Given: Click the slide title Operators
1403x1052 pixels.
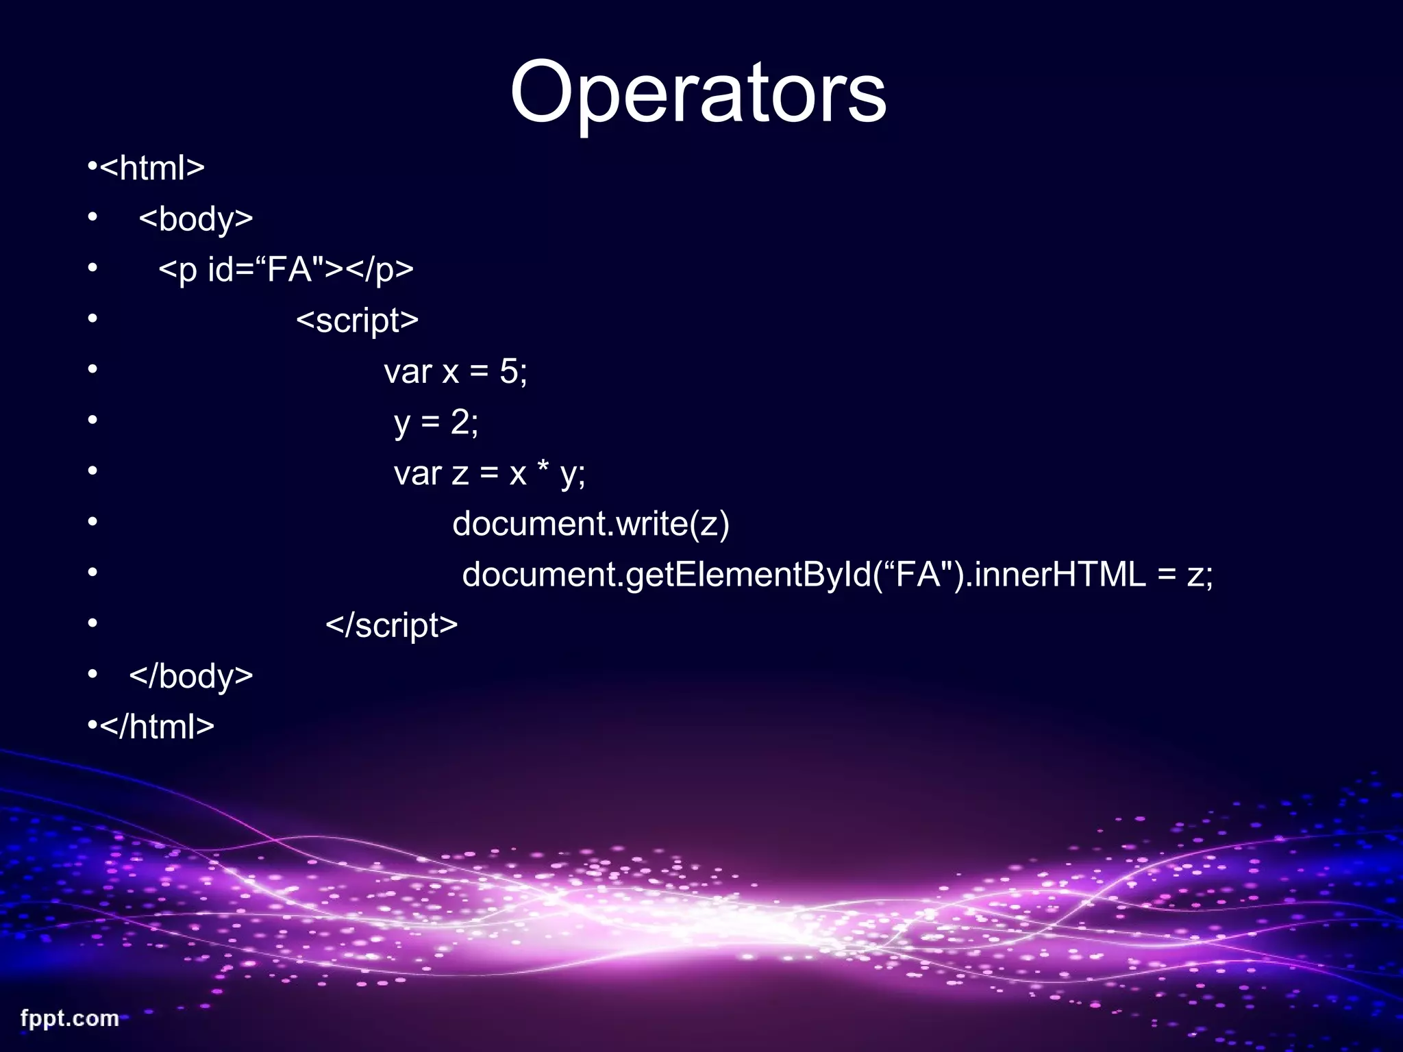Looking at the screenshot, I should tap(698, 92).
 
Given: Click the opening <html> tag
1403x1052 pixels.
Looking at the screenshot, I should tap(152, 168).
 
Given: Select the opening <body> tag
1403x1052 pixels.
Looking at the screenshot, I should tap(196, 219).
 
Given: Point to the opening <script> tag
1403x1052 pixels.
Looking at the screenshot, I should tap(357, 321).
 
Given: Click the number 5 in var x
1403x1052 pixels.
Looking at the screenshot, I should tap(509, 371).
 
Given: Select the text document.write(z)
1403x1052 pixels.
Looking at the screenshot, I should tap(591, 524).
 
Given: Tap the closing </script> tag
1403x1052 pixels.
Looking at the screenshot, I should tap(391, 625).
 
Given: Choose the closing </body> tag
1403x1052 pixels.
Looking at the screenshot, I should tap(191, 676).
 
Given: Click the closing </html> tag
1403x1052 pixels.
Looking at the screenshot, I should tap(157, 727).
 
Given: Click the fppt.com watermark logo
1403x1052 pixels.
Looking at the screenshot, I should tap(69, 1018).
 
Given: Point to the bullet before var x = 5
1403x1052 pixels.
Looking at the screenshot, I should tap(93, 370).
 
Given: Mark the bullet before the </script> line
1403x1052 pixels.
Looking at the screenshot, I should tap(93, 623).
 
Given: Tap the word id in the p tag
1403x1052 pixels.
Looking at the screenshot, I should tap(221, 269).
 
